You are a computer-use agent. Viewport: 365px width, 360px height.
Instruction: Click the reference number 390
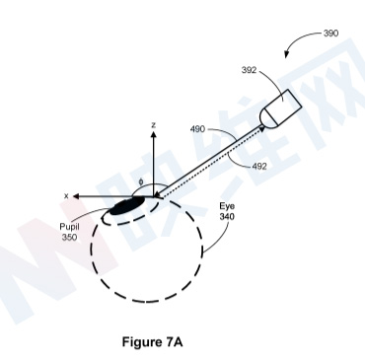330,34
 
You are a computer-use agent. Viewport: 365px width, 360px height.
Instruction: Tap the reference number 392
249,70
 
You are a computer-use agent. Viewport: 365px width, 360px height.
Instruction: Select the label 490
197,129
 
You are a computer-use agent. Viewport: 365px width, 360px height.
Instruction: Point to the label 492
259,167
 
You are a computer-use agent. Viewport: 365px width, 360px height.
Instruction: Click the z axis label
153,125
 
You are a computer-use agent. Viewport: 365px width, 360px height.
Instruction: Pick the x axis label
66,196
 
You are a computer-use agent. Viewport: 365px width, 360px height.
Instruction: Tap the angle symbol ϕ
141,181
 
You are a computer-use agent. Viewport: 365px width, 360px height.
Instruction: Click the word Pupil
69,227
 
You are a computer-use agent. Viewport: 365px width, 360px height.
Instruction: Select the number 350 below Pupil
69,237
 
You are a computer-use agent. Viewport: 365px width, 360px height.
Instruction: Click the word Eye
227,207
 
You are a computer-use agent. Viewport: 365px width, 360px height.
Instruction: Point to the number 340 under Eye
227,217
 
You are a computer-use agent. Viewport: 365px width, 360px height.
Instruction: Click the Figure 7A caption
152,342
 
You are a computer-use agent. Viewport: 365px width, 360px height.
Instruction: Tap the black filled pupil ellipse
127,205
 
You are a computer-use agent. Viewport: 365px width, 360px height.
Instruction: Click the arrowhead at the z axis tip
153,134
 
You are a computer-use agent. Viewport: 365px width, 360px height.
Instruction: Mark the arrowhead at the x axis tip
76,196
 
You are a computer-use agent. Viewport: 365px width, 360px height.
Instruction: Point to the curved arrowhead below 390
287,54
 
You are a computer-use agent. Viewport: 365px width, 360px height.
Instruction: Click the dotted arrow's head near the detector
262,129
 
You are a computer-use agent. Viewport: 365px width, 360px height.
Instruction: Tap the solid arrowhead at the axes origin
157,194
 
